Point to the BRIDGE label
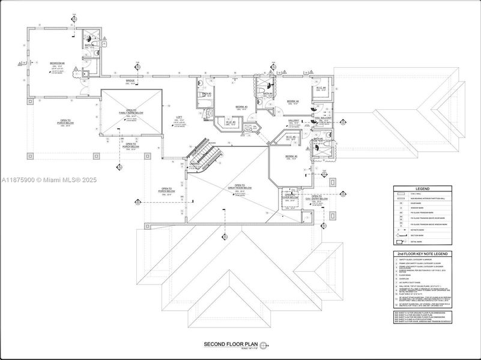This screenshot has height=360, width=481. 130,81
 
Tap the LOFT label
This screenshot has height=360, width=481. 178,117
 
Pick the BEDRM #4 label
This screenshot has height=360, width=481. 292,101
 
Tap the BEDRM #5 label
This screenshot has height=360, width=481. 291,156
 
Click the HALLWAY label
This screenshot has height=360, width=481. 293,121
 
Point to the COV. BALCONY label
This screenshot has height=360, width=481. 324,118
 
